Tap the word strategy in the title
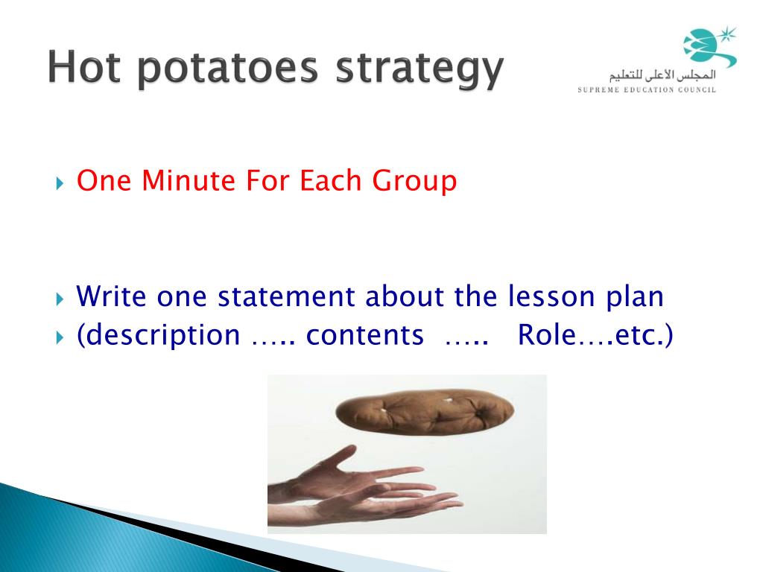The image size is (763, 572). click(420, 70)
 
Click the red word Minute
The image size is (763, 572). click(189, 180)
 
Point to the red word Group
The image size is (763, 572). click(414, 182)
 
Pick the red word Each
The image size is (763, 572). click(330, 180)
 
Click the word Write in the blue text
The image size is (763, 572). click(111, 296)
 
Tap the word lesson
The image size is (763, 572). click(551, 296)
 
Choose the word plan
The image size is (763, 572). click(635, 298)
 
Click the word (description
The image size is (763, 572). click(159, 336)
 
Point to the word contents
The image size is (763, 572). click(365, 335)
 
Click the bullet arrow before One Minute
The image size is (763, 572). click(60, 183)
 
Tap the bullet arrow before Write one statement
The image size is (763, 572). click(60, 299)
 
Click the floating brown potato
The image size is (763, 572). click(425, 411)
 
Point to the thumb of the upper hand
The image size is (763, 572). click(342, 455)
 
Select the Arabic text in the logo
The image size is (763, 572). click(662, 75)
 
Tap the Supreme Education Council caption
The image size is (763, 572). click(647, 89)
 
